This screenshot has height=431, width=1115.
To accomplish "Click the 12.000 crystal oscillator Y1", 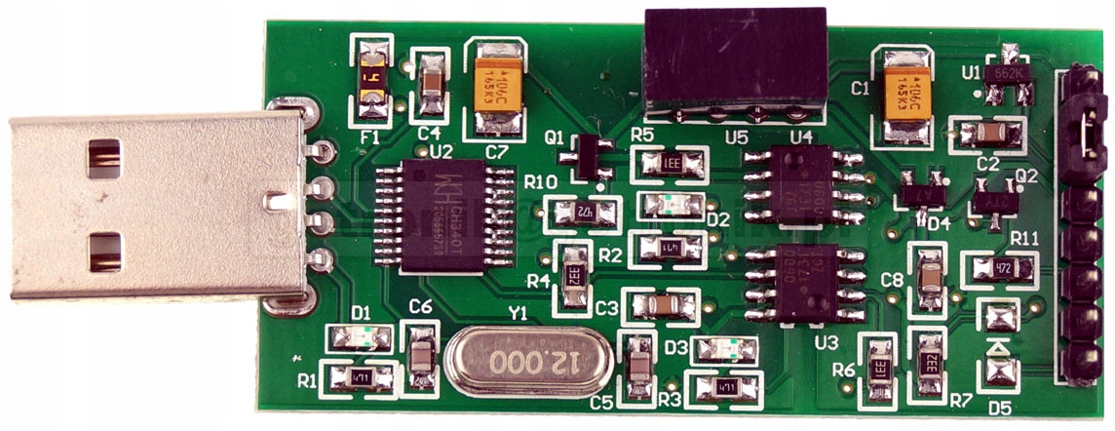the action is tap(530, 363).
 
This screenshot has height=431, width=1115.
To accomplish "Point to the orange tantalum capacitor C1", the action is tap(904, 94).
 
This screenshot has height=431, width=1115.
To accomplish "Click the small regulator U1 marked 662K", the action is tap(1008, 76).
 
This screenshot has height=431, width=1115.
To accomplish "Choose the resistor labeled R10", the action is tap(582, 211).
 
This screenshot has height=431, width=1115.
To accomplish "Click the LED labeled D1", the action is tap(361, 338).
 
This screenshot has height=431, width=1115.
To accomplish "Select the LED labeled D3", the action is tap(723, 349).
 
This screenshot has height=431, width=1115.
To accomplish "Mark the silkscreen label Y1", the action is tap(517, 315).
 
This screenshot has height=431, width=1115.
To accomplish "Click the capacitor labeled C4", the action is tap(431, 88).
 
